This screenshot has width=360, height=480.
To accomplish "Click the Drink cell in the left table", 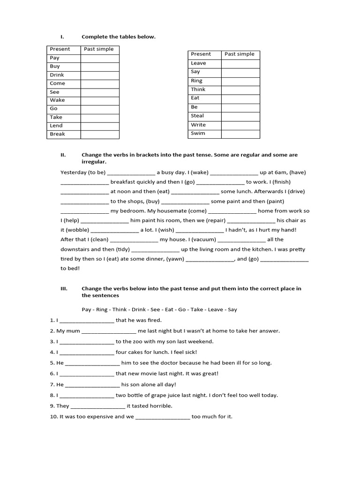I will click(x=57, y=75).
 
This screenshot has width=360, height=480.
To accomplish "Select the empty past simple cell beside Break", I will click(x=99, y=135).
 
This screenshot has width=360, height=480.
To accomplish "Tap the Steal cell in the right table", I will click(x=197, y=116).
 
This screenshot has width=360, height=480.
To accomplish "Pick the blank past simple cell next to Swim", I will click(x=240, y=134).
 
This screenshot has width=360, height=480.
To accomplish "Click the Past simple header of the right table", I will click(x=240, y=54).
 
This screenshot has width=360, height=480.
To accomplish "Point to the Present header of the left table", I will click(x=60, y=49).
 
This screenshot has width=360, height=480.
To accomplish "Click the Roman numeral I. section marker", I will click(x=61, y=37).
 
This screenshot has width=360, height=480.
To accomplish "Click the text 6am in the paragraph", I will click(x=277, y=172).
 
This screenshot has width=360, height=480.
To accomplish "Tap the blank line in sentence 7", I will click(x=92, y=384).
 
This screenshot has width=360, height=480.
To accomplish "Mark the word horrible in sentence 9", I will click(x=161, y=406).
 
